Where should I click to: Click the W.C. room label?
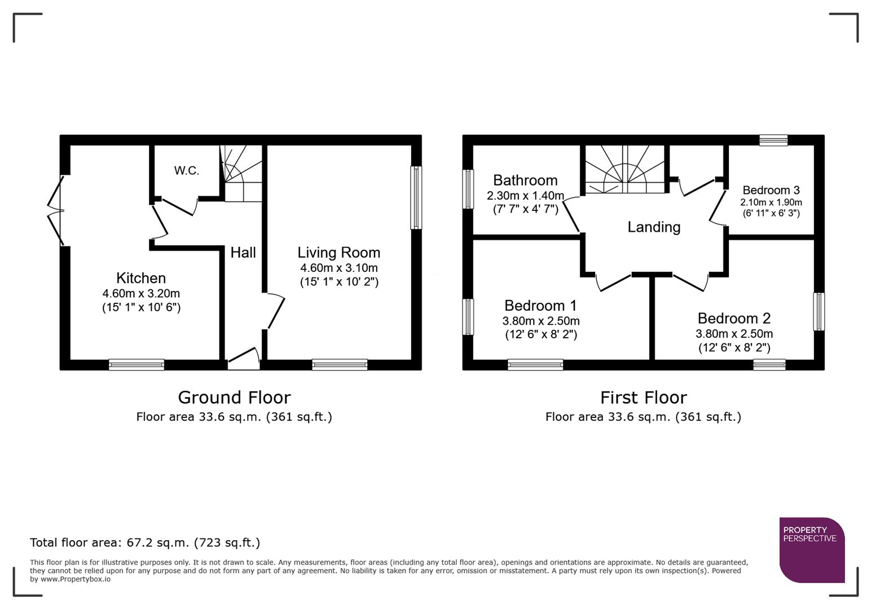(x=186, y=170)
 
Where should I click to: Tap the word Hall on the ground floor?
(x=243, y=253)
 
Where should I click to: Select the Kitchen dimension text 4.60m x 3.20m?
(x=141, y=293)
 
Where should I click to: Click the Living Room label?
(x=338, y=253)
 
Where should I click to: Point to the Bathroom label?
(x=525, y=180)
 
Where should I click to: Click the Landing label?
(x=654, y=227)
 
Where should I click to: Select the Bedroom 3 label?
(x=771, y=190)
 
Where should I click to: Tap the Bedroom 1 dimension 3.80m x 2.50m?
(x=540, y=321)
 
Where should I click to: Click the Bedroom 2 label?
(x=734, y=319)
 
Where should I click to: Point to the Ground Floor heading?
(x=234, y=398)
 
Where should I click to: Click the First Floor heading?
(x=643, y=398)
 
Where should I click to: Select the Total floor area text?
(x=145, y=542)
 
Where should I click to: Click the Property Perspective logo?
(x=812, y=550)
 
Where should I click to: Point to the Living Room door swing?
(x=275, y=311)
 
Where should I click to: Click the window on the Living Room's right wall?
(x=416, y=197)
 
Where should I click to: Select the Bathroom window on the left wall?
(x=468, y=189)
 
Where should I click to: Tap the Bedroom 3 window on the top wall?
(x=773, y=140)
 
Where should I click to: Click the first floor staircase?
(x=624, y=169)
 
